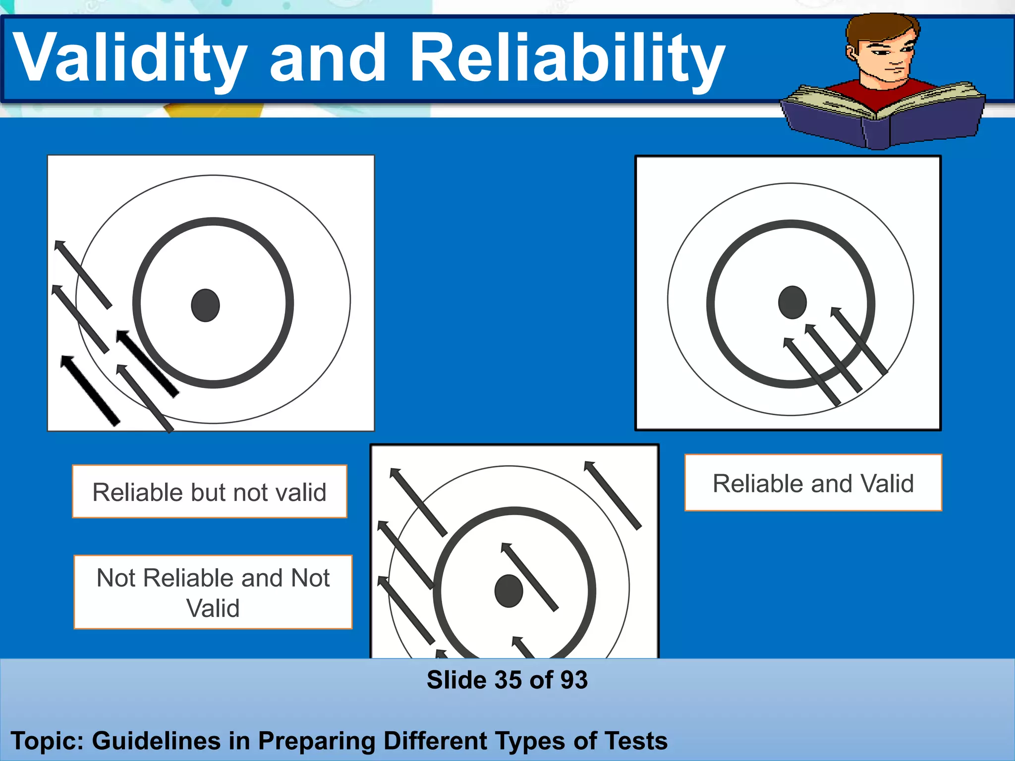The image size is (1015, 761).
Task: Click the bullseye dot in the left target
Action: tap(205, 305)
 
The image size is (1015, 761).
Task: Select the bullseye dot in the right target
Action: tap(792, 302)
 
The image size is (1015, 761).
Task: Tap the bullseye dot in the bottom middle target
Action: tap(509, 591)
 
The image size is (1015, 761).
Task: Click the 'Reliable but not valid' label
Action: tap(210, 492)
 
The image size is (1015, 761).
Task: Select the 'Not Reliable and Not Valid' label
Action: tap(213, 593)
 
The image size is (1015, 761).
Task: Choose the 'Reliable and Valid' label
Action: tap(813, 483)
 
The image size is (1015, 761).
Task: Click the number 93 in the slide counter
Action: tap(574, 680)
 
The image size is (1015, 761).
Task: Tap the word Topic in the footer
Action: tap(47, 741)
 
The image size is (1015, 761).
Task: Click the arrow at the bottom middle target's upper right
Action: tap(613, 495)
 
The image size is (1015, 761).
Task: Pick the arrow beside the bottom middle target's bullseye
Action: tap(530, 577)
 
